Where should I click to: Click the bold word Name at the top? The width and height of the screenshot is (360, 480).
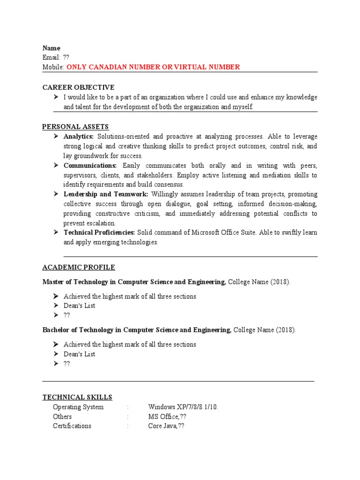click(52, 48)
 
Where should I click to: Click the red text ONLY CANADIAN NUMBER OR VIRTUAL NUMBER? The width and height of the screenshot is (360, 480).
click(153, 67)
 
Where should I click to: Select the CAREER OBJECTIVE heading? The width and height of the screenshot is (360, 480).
click(78, 87)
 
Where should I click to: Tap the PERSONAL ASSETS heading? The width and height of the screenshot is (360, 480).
click(75, 127)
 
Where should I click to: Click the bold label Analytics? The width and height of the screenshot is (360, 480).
click(79, 136)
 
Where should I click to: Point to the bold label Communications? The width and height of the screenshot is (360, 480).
click(90, 165)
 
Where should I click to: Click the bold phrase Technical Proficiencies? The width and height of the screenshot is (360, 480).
click(99, 232)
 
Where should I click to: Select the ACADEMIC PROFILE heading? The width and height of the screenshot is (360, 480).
click(79, 267)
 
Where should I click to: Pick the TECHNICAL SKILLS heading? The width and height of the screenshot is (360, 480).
click(77, 397)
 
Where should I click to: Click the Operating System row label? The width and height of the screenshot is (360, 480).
click(78, 407)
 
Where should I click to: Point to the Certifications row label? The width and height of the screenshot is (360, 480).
click(72, 426)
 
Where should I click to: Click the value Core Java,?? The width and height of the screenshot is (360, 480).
click(166, 426)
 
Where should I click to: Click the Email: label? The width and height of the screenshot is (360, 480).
click(52, 57)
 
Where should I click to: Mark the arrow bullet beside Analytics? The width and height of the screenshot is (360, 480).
click(56, 136)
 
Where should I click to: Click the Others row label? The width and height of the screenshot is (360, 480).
click(62, 417)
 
